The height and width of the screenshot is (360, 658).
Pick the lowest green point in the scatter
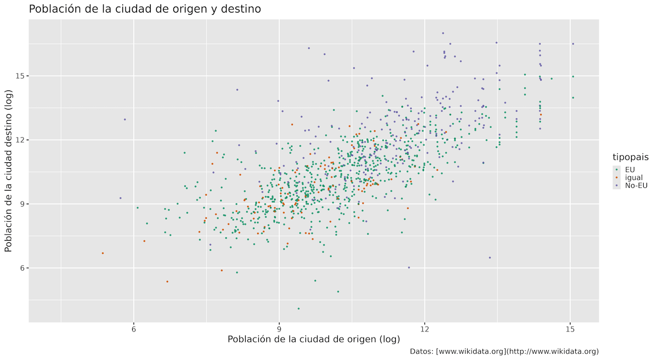(x=298, y=308)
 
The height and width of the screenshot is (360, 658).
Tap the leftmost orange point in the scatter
(x=103, y=253)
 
